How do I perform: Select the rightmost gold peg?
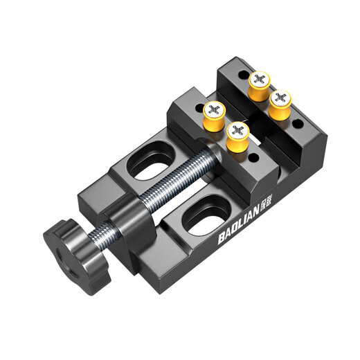point(282,102)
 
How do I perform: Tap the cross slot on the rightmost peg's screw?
point(282,96)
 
